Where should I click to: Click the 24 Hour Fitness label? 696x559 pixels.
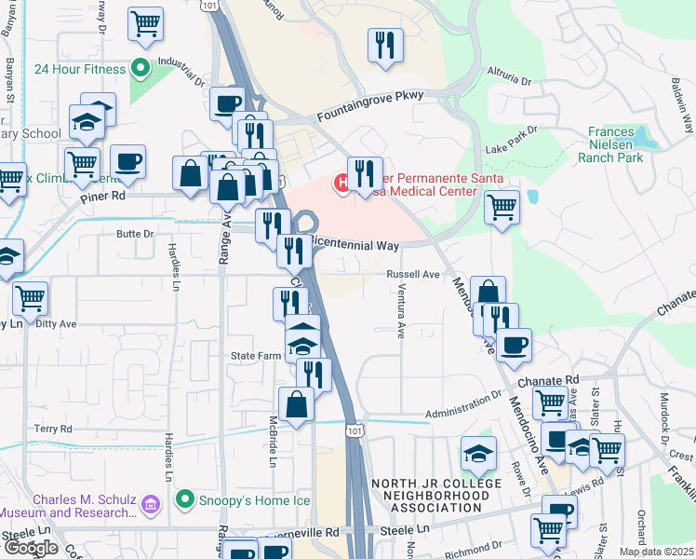click(x=79, y=69)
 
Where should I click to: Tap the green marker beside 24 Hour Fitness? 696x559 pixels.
click(x=141, y=68)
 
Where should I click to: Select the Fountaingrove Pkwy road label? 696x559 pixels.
click(x=369, y=106)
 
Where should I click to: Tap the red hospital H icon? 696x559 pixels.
click(x=342, y=184)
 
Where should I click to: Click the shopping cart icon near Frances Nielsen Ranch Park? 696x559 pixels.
click(x=502, y=207)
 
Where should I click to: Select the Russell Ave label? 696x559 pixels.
click(x=412, y=275)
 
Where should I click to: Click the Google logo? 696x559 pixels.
click(x=31, y=548)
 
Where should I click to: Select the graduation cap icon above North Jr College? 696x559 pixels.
click(x=477, y=454)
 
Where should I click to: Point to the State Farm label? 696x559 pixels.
click(x=256, y=356)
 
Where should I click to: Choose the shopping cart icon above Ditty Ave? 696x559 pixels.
click(x=31, y=298)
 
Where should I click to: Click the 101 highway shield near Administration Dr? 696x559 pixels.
click(x=352, y=429)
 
